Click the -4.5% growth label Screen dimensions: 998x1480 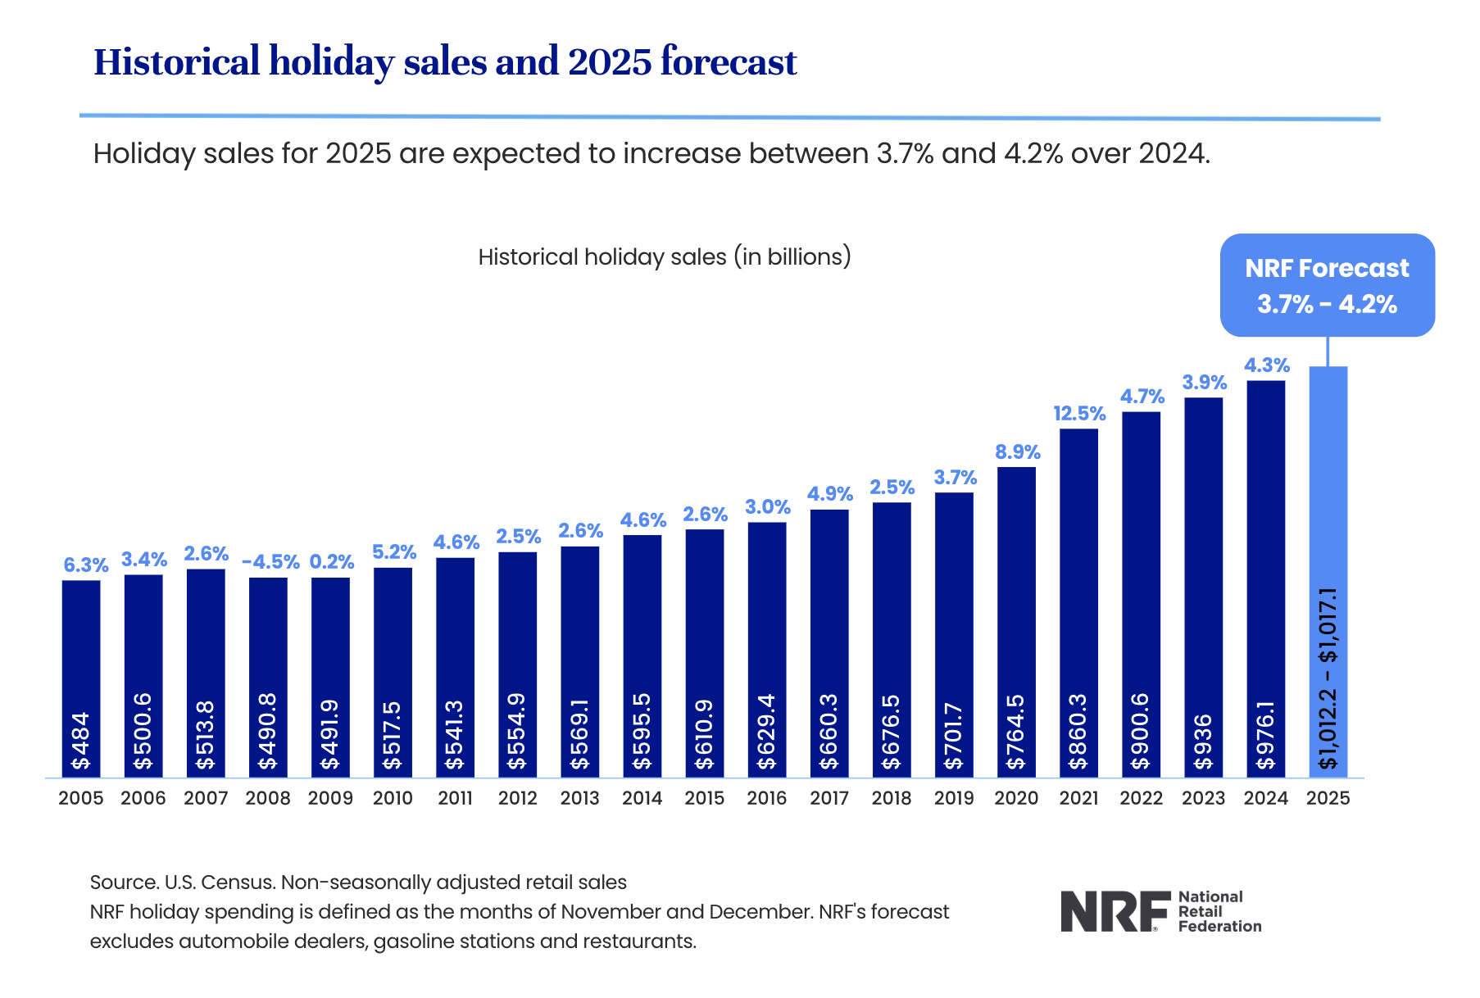270,562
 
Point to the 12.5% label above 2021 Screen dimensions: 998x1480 1079,414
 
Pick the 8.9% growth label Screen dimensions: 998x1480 1017,452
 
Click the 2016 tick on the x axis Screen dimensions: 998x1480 766,798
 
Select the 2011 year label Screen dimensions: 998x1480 455,798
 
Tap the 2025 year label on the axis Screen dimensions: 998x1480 1328,798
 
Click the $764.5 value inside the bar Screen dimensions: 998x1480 1016,732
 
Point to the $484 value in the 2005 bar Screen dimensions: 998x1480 81,741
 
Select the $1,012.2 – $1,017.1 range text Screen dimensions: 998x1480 1328,678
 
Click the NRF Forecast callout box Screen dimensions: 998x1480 1327,285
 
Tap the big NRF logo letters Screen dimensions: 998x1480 1115,911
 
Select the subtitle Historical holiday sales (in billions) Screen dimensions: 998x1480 665,257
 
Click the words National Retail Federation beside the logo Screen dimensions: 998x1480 1219,911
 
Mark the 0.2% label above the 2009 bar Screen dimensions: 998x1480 331,562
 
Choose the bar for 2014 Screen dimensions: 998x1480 642,656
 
